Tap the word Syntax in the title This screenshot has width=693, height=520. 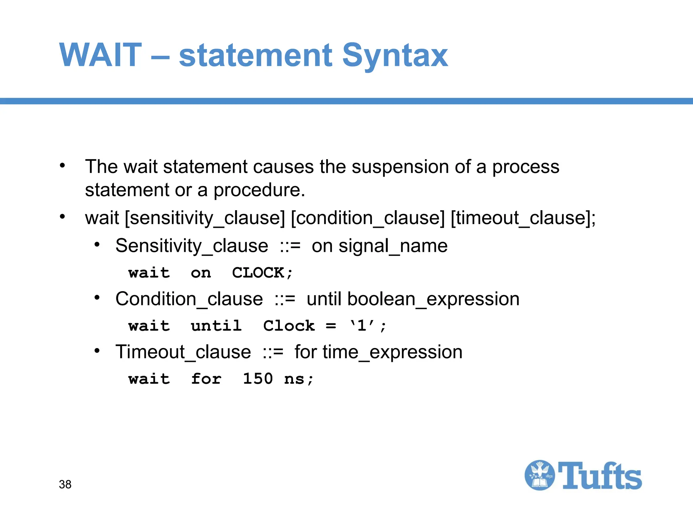395,56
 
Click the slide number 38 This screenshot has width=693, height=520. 65,484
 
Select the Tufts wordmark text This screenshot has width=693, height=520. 600,476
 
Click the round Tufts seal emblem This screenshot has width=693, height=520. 539,475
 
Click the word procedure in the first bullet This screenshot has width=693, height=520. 259,190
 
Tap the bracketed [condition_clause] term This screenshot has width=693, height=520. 368,218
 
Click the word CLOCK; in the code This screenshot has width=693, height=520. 262,273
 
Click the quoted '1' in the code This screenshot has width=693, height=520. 362,326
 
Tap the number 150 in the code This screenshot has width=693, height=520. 258,379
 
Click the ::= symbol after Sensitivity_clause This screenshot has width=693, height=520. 290,246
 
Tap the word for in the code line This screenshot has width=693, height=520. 206,379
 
